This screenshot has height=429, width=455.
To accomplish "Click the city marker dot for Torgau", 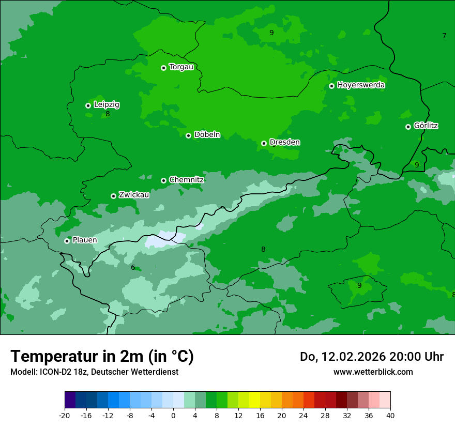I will tap(163, 68).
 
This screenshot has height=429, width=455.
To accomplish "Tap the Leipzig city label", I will tap(107, 104).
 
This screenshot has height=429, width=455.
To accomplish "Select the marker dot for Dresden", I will tap(264, 143).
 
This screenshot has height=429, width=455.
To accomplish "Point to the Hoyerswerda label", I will tap(361, 85).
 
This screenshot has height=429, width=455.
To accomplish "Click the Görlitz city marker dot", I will tap(408, 127).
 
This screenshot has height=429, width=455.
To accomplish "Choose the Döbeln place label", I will tap(207, 134).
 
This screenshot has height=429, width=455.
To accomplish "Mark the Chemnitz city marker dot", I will tap(163, 180).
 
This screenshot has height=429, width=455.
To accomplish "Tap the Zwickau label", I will tap(134, 195).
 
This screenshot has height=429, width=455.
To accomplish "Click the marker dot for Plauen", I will tap(67, 241).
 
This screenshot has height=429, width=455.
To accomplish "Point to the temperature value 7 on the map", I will tap(444, 36).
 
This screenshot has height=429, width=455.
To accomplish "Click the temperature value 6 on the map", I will tap(133, 267).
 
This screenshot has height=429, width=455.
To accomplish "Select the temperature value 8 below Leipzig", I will tap(108, 114).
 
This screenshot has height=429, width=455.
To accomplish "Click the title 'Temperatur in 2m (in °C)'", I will tap(102, 356).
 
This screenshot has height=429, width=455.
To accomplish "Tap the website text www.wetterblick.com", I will tap(373, 372).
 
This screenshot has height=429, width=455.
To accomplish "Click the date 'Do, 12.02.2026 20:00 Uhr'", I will tap(371, 357).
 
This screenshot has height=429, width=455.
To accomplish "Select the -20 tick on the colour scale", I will tap(65, 416).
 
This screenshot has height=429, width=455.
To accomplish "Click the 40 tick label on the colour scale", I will tap(390, 416).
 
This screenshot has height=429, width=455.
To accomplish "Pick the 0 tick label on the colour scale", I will tap(173, 416).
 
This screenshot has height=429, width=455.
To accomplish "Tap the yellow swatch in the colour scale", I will tap(254, 400).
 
